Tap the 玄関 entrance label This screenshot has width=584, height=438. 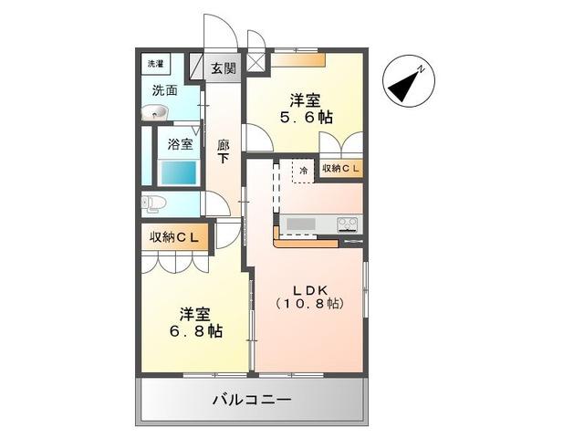223,68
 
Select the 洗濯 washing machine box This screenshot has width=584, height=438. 157,65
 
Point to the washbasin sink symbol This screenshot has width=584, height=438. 155,113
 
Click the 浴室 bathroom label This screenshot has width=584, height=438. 180,143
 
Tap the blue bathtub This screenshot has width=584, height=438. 179,172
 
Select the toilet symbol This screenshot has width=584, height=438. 153,203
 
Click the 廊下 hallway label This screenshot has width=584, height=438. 223,151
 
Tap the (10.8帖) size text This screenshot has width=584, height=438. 309,302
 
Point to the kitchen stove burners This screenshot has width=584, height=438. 348,224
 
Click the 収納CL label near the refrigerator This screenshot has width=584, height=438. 340,169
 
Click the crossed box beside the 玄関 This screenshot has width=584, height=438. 256,65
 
